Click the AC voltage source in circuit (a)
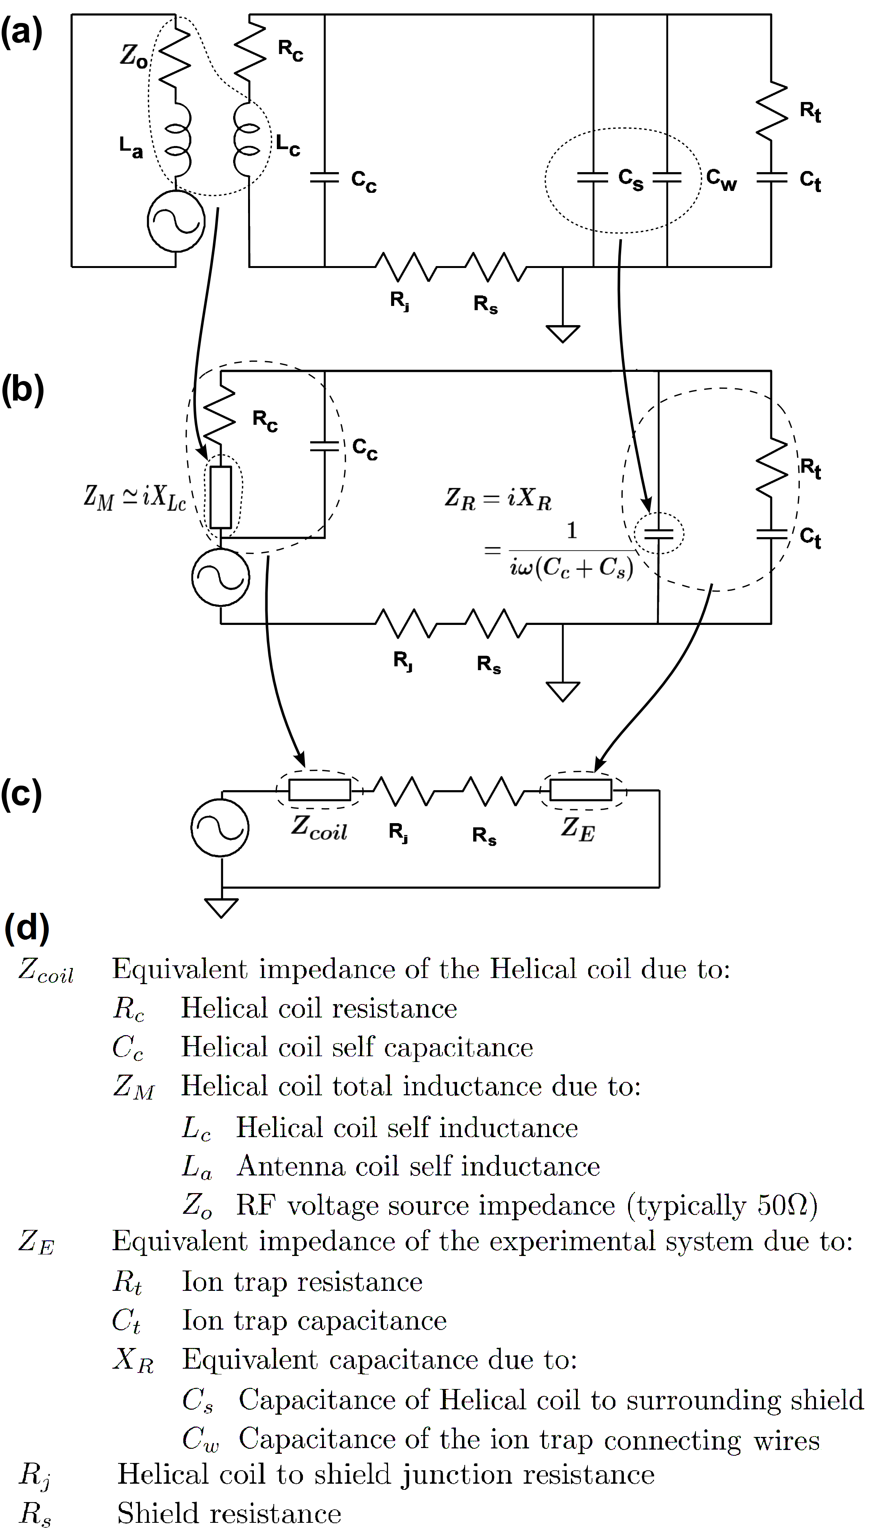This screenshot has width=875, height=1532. pyautogui.click(x=176, y=221)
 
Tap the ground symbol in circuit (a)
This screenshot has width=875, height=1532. pyautogui.click(x=562, y=333)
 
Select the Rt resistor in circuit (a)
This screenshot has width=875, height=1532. pyautogui.click(x=771, y=112)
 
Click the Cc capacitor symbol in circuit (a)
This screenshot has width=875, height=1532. pyautogui.click(x=324, y=177)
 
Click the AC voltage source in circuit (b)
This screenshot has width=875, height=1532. pyautogui.click(x=220, y=577)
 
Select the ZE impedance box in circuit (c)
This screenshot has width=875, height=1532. pyautogui.click(x=581, y=790)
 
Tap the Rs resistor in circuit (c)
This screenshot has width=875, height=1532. pyautogui.click(x=494, y=791)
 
